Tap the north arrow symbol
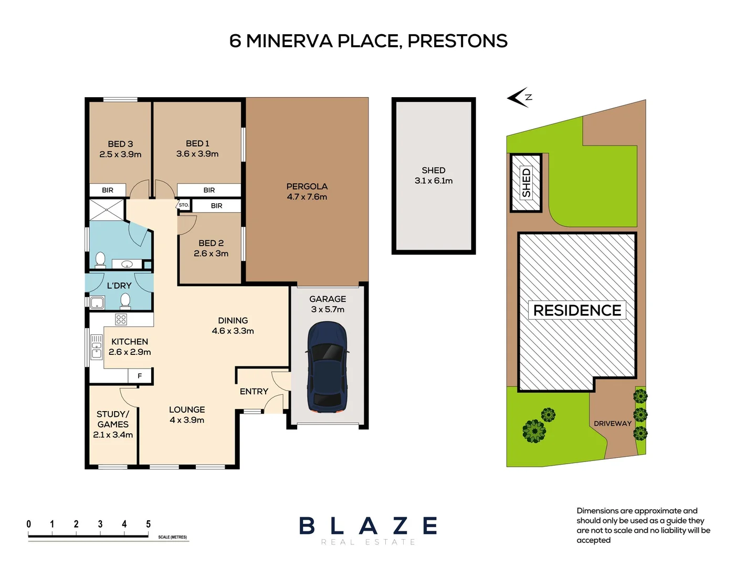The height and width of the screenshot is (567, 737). point(519,97)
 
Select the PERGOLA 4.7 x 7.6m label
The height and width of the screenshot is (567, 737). point(307,192)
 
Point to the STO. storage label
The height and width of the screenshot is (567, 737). point(183,205)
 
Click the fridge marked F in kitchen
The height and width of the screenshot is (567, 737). point(140,376)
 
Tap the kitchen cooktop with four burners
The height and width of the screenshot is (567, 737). point(121,319)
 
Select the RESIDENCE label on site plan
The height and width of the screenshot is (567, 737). point(577,310)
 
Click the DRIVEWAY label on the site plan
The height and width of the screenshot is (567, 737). point(613,423)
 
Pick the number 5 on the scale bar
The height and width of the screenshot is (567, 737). point(148,524)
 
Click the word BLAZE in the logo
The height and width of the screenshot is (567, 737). point(368,526)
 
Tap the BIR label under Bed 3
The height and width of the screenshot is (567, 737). point(108,190)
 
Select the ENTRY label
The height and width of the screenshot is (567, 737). point(254,392)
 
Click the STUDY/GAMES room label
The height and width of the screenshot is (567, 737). point(113,424)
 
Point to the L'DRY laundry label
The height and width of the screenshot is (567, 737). point(119,286)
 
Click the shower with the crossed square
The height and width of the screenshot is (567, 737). point(107,210)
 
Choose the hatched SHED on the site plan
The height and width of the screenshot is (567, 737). point(526,183)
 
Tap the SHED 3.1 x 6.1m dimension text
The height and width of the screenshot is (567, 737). point(434,181)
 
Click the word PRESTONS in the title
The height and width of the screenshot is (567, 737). point(457,41)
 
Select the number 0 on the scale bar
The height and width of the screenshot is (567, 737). point(28,524)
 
